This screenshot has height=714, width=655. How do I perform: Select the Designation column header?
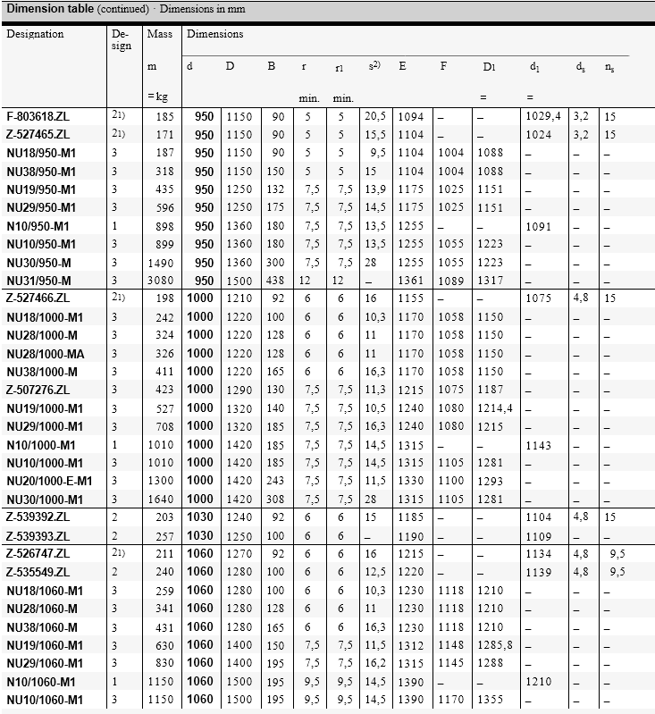coord(36,34)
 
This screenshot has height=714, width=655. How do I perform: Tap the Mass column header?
coord(159,34)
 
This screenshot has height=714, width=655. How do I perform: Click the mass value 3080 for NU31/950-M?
coord(161,281)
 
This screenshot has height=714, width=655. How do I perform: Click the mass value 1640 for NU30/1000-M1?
coord(161,499)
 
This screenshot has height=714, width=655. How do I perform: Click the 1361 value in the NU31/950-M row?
coord(411,281)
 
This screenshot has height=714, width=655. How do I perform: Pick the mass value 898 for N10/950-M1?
coord(164,226)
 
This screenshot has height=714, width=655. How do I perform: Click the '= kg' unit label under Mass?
coord(158,96)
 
